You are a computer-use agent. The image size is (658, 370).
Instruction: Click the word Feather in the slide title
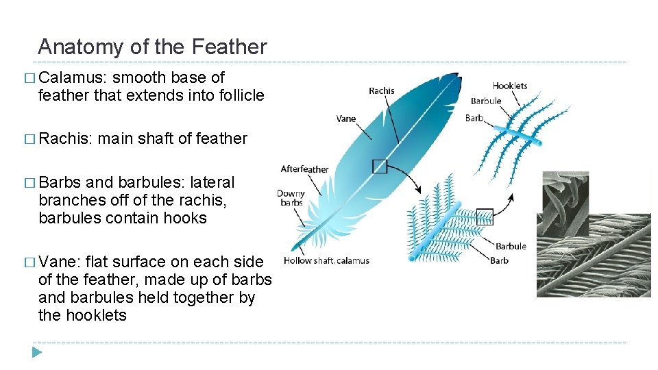point(230,47)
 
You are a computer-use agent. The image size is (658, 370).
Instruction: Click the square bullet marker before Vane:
point(31,262)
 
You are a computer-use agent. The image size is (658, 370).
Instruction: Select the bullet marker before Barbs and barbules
point(31,183)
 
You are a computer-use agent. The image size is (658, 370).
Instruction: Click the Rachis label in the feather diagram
point(381,91)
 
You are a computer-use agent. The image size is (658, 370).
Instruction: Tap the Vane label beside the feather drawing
point(346,119)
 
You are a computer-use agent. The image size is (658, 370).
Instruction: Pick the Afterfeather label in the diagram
point(304,169)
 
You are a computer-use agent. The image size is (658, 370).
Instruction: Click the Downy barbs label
point(291,198)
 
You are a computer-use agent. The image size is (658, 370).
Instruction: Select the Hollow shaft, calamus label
point(326,260)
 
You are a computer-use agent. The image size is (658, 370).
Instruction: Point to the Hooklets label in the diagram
point(510,86)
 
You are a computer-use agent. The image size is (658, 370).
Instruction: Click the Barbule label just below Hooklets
point(486,101)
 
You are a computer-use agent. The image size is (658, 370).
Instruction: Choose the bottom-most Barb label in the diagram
point(499,260)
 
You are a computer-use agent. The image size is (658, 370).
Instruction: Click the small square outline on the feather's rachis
point(380,166)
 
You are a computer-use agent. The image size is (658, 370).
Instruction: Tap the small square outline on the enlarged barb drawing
point(485,217)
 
